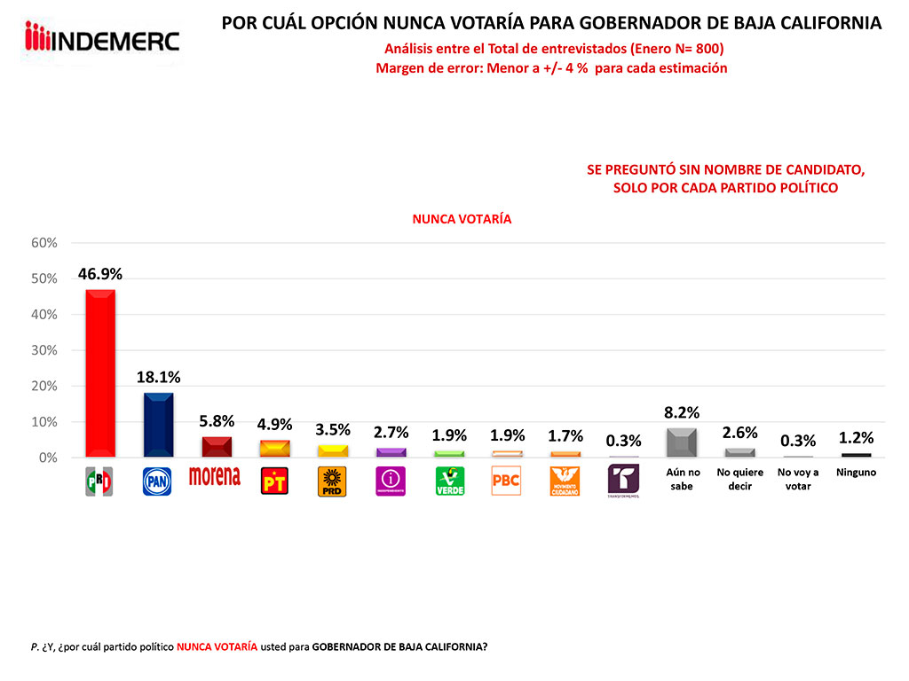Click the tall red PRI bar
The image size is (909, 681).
[99, 372]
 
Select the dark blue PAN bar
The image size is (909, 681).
[158, 424]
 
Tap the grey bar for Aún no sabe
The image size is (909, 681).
[681, 442]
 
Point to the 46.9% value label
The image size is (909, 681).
[99, 274]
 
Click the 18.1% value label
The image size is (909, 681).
[158, 377]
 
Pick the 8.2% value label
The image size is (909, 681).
[681, 412]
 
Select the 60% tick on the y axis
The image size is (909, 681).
[44, 243]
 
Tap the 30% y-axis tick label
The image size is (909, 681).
[44, 350]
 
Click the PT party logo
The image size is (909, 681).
[273, 481]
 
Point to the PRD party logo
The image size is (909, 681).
[332, 481]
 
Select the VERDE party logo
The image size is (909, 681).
[449, 481]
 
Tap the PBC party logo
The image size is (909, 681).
[506, 481]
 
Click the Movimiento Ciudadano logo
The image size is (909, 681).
[565, 481]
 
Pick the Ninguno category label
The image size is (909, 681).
[856, 473]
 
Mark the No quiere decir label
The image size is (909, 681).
[739, 479]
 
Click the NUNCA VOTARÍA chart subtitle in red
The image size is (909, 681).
[462, 218]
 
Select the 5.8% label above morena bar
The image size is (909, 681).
[216, 421]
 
